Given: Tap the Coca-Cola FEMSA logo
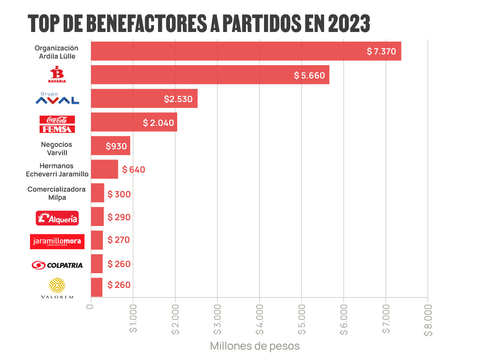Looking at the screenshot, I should click(x=57, y=124).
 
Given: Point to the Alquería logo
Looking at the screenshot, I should click(x=57, y=218).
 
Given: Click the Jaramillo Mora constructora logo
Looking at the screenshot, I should click(x=57, y=241).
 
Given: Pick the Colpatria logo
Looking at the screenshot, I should click(x=57, y=265).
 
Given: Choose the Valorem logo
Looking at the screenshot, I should click(x=57, y=288).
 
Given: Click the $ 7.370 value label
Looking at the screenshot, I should click(x=381, y=52).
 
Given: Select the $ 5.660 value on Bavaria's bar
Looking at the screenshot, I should click(x=309, y=75).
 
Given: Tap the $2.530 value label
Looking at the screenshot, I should click(x=178, y=99).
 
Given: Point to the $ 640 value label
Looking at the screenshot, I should click(x=134, y=170).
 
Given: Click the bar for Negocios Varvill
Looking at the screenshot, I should click(x=110, y=146).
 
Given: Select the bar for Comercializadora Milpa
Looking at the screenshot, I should click(x=97, y=193).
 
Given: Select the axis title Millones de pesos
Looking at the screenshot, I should click(x=255, y=346).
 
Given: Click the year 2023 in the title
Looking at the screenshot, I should click(x=349, y=24).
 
